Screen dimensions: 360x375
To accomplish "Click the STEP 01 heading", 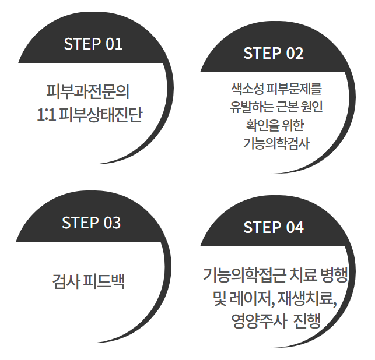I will click(93, 44).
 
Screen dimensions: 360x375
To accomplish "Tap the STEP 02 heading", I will click(273, 53).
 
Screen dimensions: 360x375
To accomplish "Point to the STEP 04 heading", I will click(273, 227).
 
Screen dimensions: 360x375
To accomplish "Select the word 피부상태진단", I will click(101, 114).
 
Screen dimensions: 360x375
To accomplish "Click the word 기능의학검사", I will click(276, 143).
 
